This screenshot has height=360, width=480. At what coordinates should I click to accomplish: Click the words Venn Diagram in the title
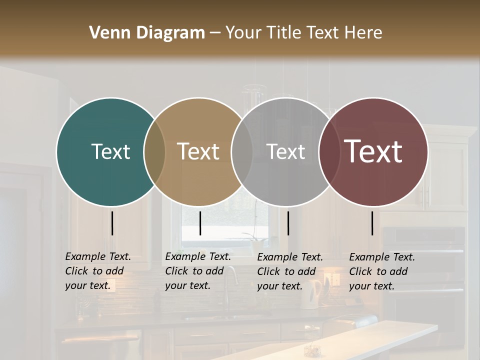tap(147, 33)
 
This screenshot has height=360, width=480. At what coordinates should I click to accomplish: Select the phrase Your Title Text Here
tap(303, 33)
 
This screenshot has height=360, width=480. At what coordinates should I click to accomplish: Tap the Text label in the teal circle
tap(110, 151)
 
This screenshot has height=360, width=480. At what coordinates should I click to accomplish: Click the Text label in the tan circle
tap(198, 151)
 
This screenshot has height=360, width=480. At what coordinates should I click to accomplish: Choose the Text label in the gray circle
tap(285, 151)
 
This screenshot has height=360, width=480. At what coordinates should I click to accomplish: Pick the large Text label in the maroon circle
tap(373, 151)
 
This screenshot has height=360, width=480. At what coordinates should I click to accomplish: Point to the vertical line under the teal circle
tap(112, 223)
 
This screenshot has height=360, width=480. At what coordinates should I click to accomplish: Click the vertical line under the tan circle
tap(200, 223)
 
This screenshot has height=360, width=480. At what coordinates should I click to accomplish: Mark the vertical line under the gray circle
tap(288, 223)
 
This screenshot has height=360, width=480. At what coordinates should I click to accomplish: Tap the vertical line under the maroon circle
tap(372, 223)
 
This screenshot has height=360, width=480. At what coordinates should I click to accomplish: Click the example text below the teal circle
tap(98, 271)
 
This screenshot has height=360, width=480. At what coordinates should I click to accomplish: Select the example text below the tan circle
tap(198, 271)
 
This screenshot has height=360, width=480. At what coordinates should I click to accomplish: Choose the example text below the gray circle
tap(290, 271)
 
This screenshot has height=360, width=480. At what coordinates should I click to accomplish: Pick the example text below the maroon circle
tap(382, 271)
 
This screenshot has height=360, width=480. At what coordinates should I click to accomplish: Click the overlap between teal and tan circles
tap(154, 151)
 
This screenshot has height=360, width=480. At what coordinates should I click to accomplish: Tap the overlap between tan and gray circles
tap(242, 151)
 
